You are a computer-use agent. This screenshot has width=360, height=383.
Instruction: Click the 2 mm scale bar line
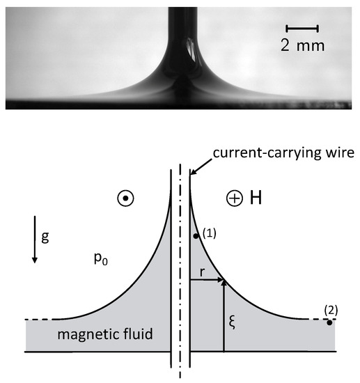click(x=302, y=29)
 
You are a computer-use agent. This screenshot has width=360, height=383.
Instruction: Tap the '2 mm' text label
click(x=302, y=46)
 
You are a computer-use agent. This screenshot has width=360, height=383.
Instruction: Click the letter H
click(x=255, y=198)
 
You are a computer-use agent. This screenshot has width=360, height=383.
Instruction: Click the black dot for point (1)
click(x=197, y=236)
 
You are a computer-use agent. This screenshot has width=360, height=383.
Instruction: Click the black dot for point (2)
click(x=329, y=322)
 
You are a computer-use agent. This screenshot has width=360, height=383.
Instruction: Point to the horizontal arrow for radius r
click(x=207, y=281)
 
